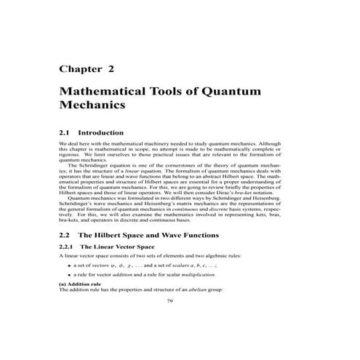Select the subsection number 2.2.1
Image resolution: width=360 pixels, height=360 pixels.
coord(68,249)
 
